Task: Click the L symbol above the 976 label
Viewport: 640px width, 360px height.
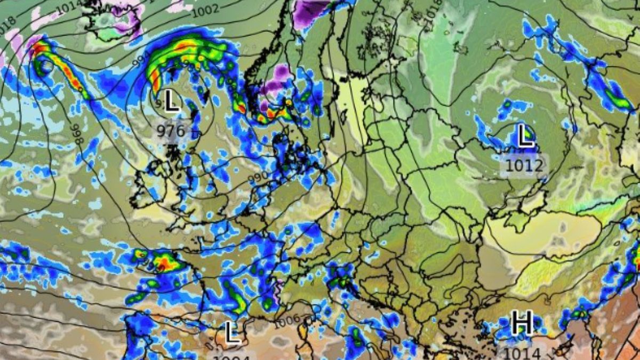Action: click(171, 101)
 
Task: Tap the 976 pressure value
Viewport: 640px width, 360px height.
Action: click(171, 131)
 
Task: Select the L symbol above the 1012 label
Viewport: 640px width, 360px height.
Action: click(525, 136)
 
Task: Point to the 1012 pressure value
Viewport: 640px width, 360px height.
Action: click(525, 165)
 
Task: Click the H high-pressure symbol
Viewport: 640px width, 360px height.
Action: click(522, 323)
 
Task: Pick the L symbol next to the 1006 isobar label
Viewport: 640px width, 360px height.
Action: click(231, 333)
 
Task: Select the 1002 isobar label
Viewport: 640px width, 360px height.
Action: click(205, 10)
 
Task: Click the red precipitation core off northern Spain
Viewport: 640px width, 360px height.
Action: click(163, 262)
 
